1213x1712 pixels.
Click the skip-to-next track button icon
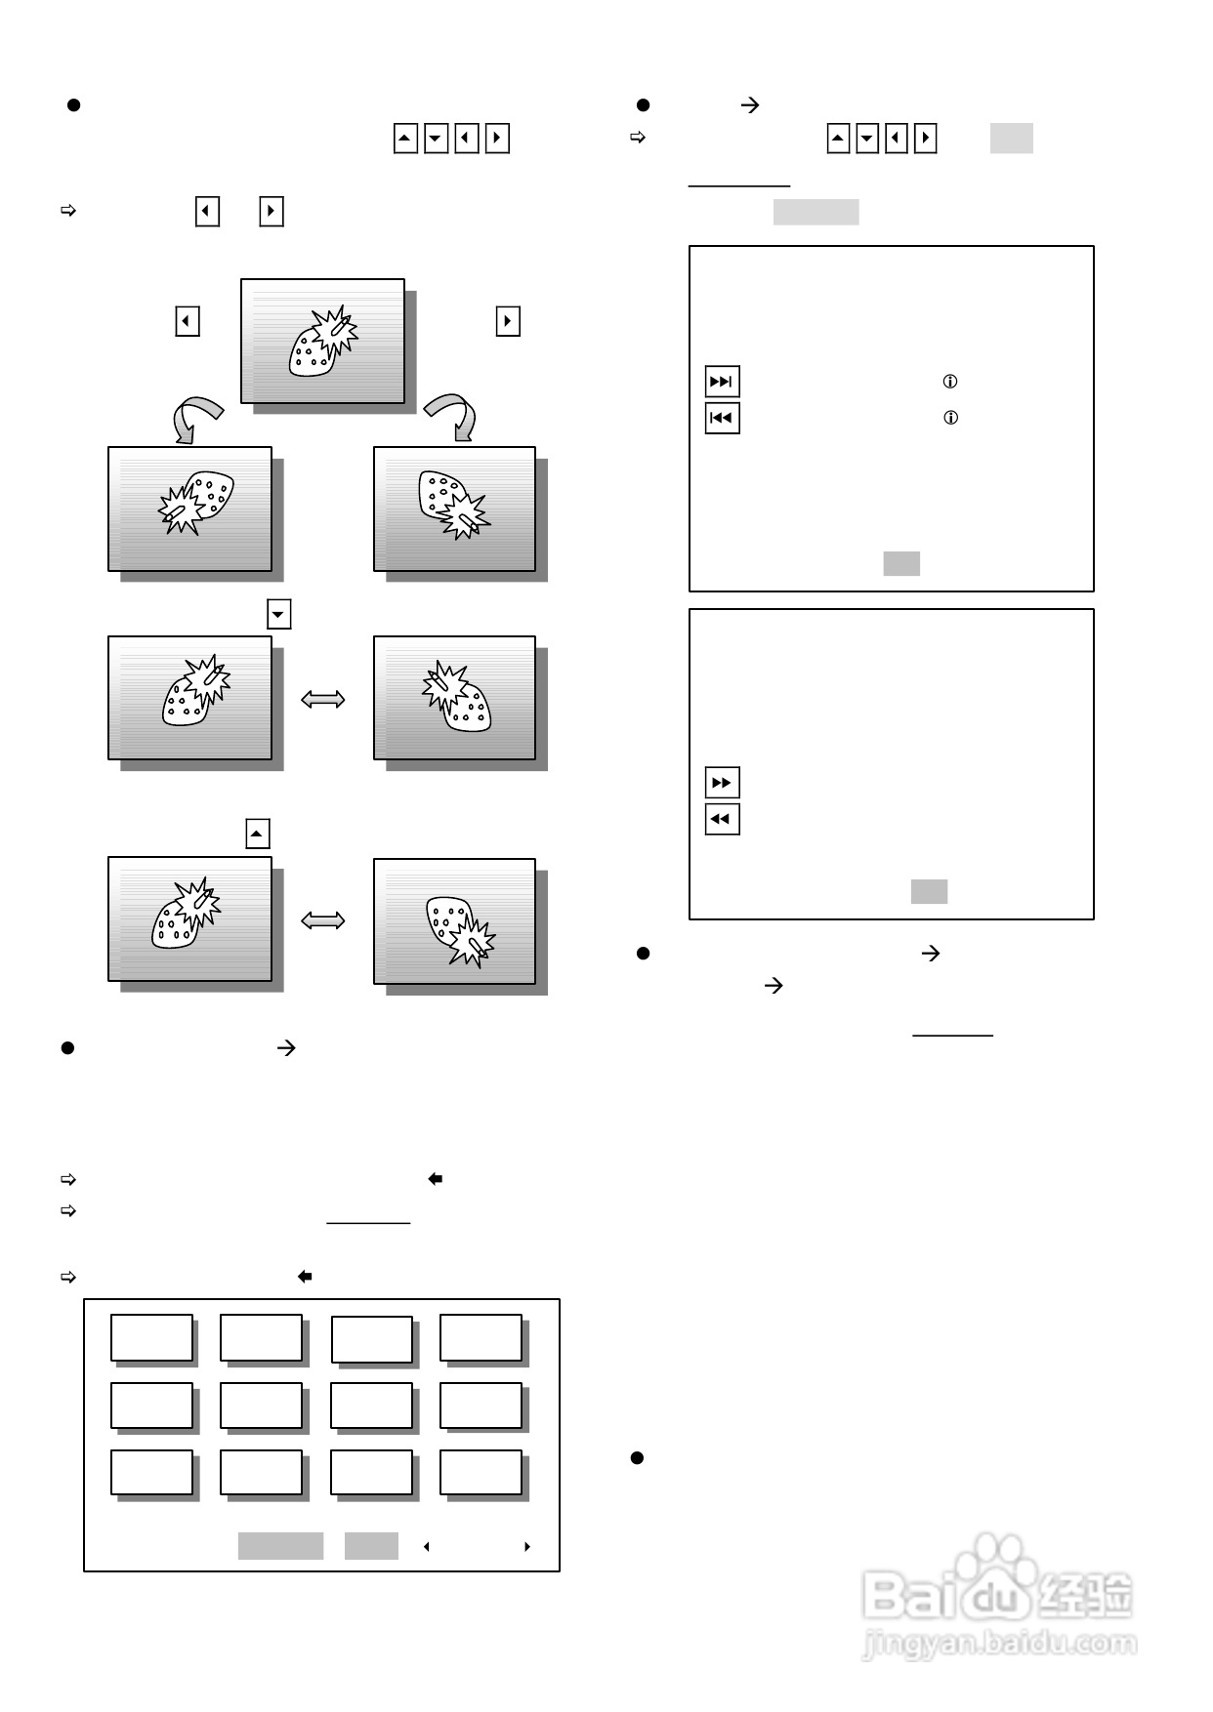[x=722, y=382]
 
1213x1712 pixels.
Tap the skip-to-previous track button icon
[x=722, y=418]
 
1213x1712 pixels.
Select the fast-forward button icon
[x=722, y=783]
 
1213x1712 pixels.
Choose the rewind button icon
[x=722, y=819]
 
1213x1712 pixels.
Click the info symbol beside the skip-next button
[x=949, y=382]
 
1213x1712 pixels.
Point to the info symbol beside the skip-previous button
[x=950, y=418]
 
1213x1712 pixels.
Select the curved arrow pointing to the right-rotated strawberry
[x=453, y=418]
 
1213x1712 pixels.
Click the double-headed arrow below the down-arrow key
[x=323, y=699]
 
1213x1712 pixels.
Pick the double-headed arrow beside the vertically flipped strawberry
[x=323, y=920]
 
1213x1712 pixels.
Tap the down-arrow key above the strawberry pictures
[x=279, y=615]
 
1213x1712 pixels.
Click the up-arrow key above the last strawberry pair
[x=258, y=835]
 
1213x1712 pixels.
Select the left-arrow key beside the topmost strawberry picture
[x=188, y=321]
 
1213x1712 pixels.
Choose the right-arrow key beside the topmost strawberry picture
[x=508, y=321]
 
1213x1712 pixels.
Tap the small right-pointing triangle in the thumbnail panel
[x=527, y=1547]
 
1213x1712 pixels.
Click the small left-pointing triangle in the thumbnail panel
[x=426, y=1547]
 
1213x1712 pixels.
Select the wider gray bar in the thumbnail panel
[x=280, y=1546]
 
